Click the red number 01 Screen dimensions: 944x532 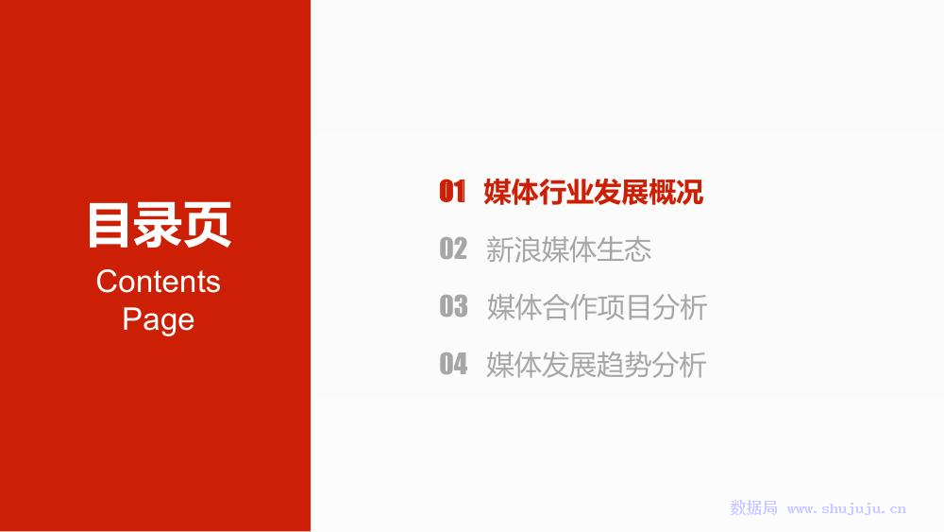click(x=452, y=192)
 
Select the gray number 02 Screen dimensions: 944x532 click(x=453, y=249)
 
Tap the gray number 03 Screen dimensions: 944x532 click(x=453, y=306)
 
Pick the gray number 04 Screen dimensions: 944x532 click(x=453, y=364)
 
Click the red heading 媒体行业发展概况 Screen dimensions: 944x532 click(x=594, y=192)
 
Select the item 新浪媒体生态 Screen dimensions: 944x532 click(x=569, y=249)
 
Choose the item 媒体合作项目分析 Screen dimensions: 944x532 click(x=598, y=307)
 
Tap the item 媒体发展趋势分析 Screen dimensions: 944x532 click(x=596, y=365)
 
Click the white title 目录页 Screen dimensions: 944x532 click(x=160, y=225)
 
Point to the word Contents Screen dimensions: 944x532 click(x=159, y=282)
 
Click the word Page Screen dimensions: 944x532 click(x=159, y=319)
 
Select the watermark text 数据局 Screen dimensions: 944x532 click(x=753, y=507)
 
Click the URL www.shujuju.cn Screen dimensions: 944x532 click(x=847, y=508)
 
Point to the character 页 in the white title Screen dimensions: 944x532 click(x=208, y=225)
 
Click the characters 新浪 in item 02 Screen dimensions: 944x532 click(x=514, y=249)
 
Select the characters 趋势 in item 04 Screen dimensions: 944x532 click(x=624, y=365)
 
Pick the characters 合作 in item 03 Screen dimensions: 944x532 click(x=570, y=307)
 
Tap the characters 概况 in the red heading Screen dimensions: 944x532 click(x=676, y=192)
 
